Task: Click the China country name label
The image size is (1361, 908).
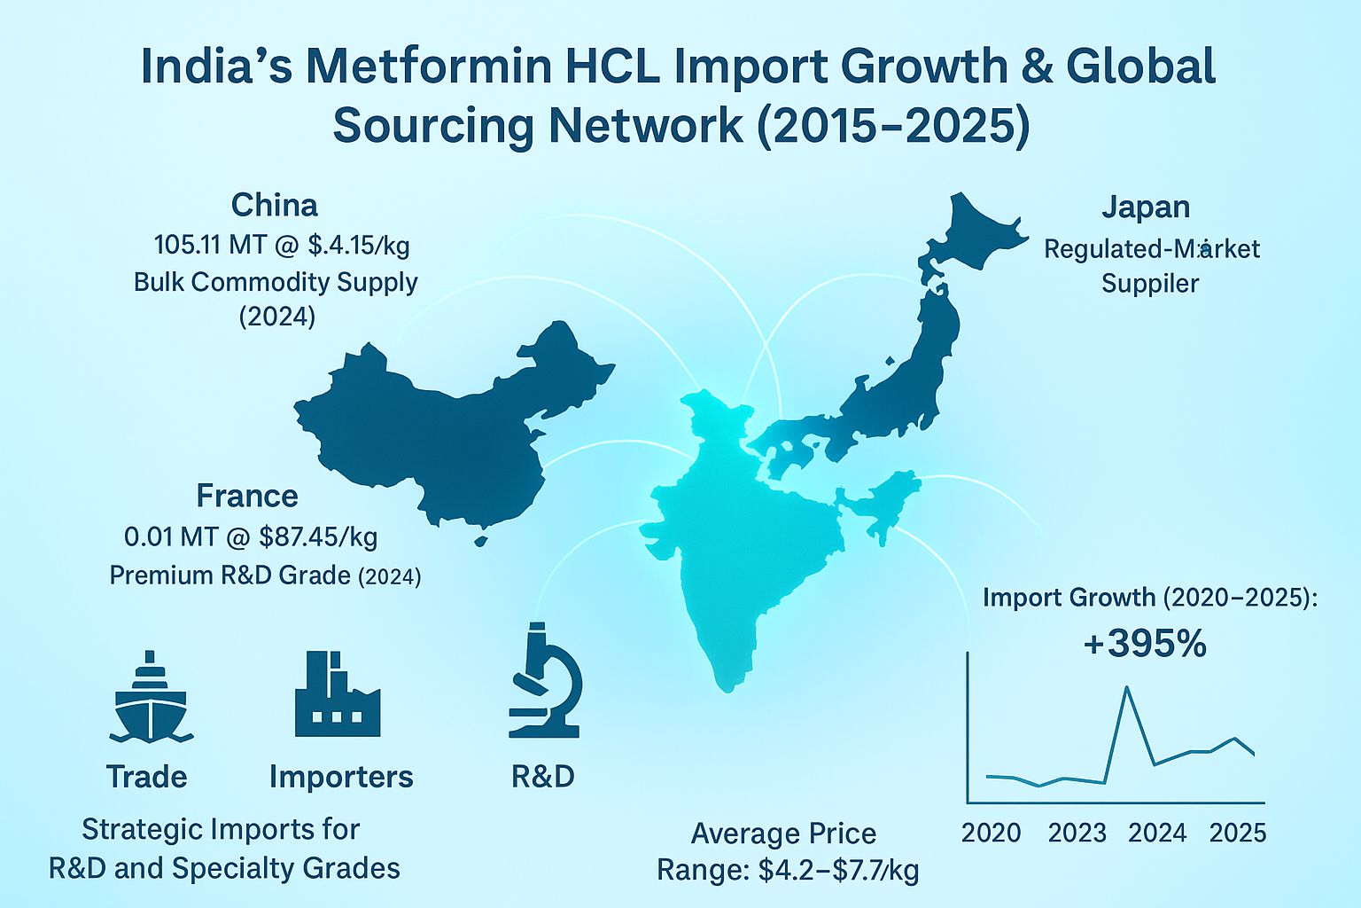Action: pos(275,206)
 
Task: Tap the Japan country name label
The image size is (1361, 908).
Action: pos(1146,207)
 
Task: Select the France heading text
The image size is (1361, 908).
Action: pos(247,496)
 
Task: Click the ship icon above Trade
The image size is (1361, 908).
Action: pos(151,697)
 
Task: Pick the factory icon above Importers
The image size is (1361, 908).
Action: pos(337,695)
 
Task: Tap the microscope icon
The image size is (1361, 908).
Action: pos(544,681)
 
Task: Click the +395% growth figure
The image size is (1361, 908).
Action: pos(1145,644)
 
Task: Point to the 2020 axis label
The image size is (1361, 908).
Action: pos(991,834)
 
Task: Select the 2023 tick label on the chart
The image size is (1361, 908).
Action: pos(1077,834)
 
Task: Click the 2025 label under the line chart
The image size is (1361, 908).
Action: pos(1238,834)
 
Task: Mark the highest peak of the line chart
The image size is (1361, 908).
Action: pos(1126,687)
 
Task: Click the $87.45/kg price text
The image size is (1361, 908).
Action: pos(319,537)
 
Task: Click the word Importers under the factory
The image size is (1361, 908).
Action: pos(341,777)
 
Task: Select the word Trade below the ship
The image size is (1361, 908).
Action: pos(147,777)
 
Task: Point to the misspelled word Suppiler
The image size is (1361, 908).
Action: pos(1150,284)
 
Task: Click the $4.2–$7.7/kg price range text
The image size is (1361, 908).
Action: pos(838,871)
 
